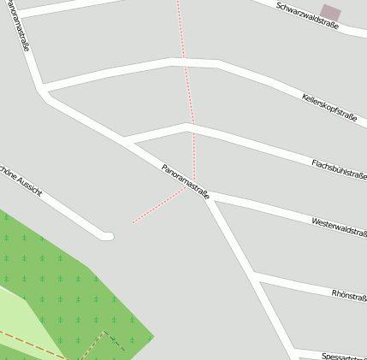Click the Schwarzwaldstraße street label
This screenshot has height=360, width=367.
click(307, 15)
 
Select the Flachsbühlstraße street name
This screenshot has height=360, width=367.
click(339, 168)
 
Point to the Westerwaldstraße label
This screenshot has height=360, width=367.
click(339, 227)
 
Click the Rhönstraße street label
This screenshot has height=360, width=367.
click(349, 296)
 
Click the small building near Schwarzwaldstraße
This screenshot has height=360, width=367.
click(330, 13)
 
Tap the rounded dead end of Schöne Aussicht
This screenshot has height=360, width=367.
click(108, 235)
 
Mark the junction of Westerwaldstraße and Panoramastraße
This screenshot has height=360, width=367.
click(210, 198)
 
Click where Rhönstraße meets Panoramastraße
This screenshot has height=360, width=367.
click(256, 277)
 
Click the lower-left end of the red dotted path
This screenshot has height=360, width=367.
click(133, 222)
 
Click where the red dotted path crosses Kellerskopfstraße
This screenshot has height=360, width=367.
click(185, 61)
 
